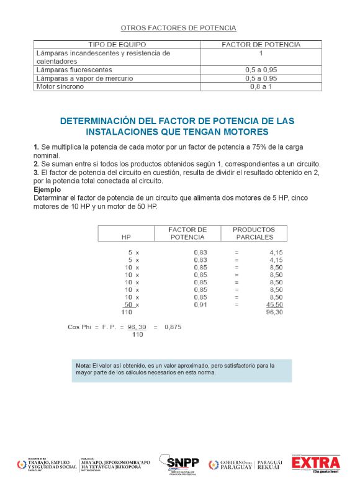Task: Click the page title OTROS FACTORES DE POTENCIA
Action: (x=178, y=28)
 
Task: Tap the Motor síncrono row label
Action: (x=60, y=86)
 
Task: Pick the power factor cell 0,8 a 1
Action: (x=261, y=86)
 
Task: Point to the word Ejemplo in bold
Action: (x=47, y=189)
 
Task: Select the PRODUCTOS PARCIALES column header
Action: (x=253, y=233)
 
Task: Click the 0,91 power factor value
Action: (x=200, y=305)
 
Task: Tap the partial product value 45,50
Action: (x=274, y=305)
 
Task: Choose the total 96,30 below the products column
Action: (x=274, y=312)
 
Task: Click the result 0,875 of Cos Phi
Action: (x=173, y=327)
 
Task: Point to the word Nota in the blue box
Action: (x=83, y=366)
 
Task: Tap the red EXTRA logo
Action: (x=316, y=463)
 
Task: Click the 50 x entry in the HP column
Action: (x=131, y=305)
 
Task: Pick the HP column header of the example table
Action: (x=126, y=237)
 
